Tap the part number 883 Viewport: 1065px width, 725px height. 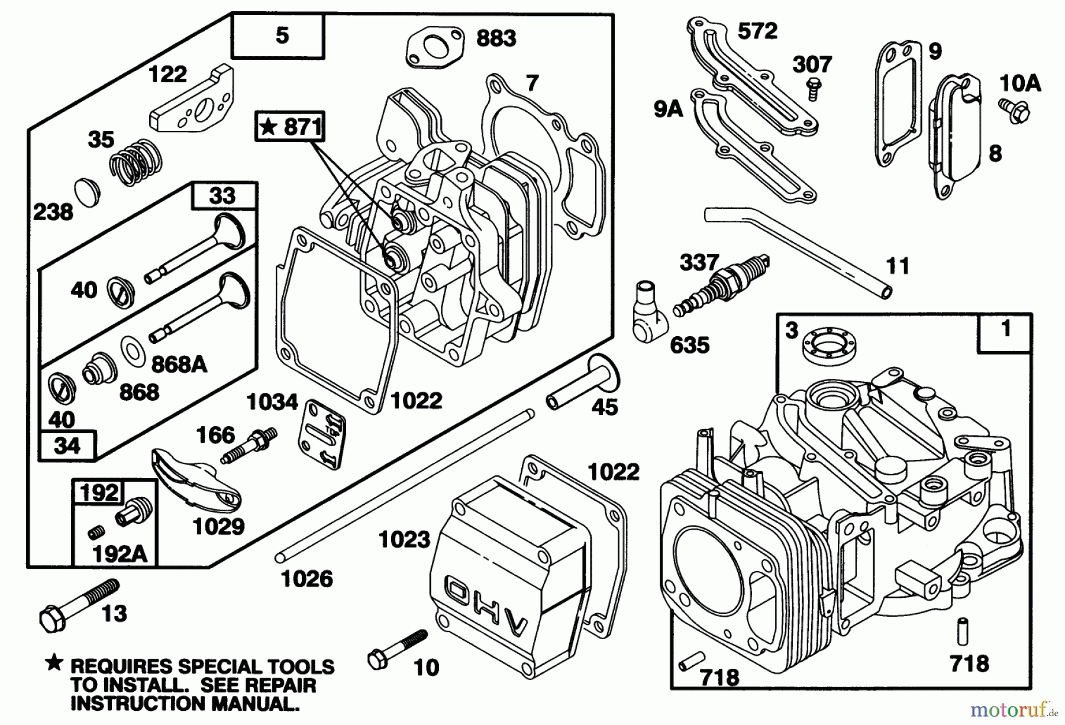point(496,38)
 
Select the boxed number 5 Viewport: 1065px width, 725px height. point(282,36)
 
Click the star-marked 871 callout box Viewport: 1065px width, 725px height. point(290,127)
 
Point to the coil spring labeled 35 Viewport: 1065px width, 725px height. point(136,158)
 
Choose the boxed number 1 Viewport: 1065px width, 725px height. point(1005,329)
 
